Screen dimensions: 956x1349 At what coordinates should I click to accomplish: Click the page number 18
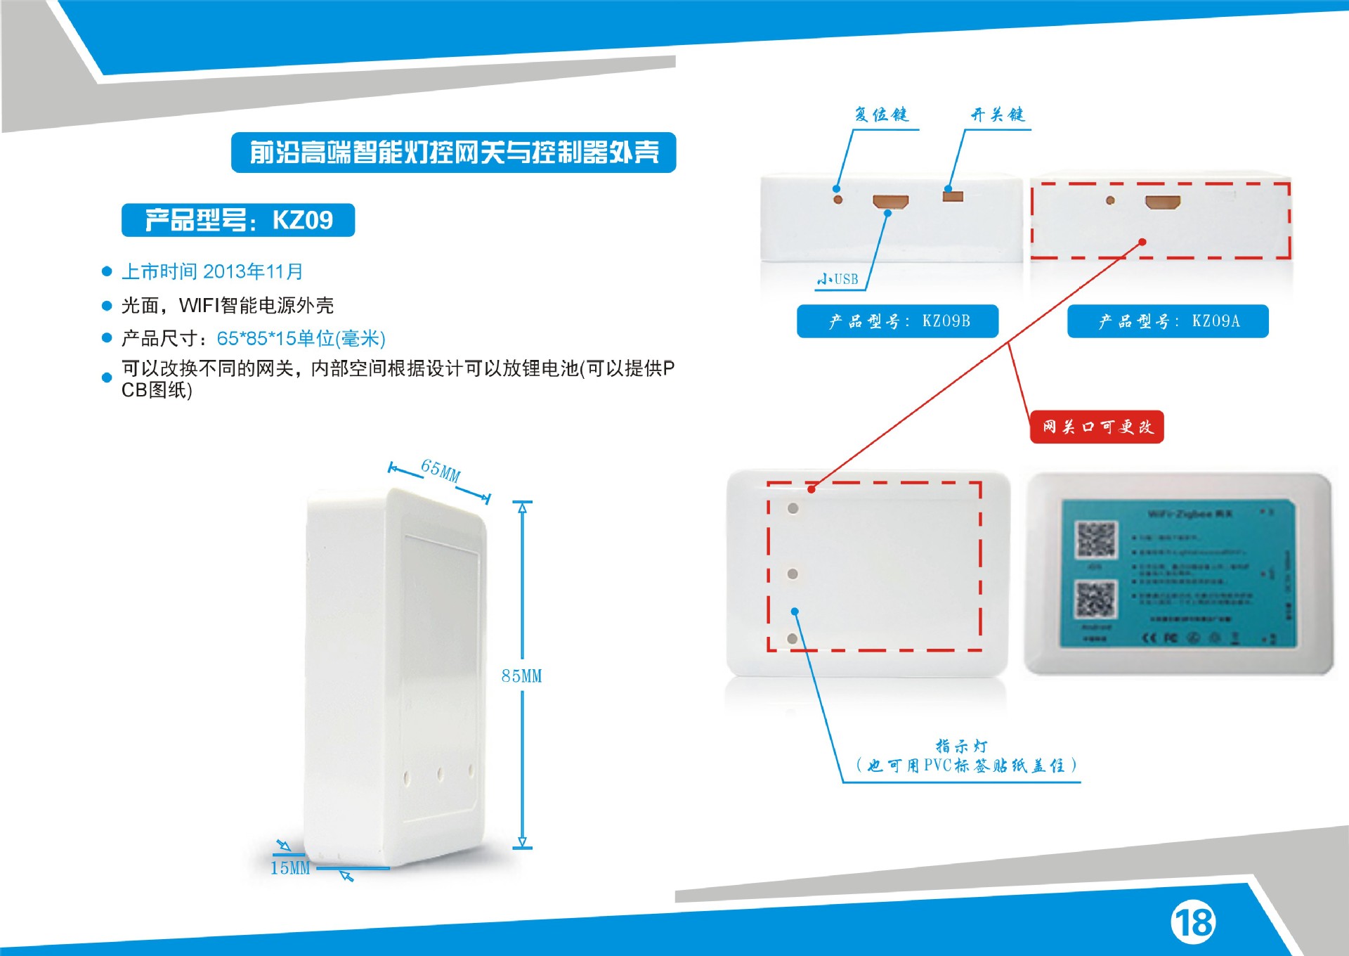point(1193,922)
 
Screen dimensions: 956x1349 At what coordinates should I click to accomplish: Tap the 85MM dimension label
point(521,676)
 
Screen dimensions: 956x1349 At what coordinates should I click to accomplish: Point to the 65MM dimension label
point(441,470)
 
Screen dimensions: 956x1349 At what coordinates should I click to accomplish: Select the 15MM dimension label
point(290,868)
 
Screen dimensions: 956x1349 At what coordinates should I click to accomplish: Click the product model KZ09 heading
point(238,220)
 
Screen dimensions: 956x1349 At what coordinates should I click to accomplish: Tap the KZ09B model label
point(897,321)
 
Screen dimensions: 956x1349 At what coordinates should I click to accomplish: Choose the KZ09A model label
point(1168,321)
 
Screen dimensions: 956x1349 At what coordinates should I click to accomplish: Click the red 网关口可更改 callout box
point(1097,427)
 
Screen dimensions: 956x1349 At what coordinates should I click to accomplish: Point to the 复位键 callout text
point(881,115)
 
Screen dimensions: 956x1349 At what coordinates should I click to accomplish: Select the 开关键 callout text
point(998,115)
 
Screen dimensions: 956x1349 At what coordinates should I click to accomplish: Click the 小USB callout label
point(838,279)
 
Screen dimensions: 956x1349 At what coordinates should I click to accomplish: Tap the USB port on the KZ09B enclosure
point(890,202)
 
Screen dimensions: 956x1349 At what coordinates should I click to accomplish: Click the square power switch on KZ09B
point(953,196)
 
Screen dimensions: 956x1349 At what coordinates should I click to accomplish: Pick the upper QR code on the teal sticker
point(1096,540)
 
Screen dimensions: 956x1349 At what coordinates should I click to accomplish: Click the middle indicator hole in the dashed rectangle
point(793,574)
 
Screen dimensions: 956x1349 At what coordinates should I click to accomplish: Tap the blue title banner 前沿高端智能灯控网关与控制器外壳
point(453,153)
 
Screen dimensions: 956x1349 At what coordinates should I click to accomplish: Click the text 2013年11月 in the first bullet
point(253,271)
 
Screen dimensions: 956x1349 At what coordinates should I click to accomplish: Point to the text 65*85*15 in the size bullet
point(256,339)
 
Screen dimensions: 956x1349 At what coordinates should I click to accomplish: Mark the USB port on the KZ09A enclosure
point(1162,202)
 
